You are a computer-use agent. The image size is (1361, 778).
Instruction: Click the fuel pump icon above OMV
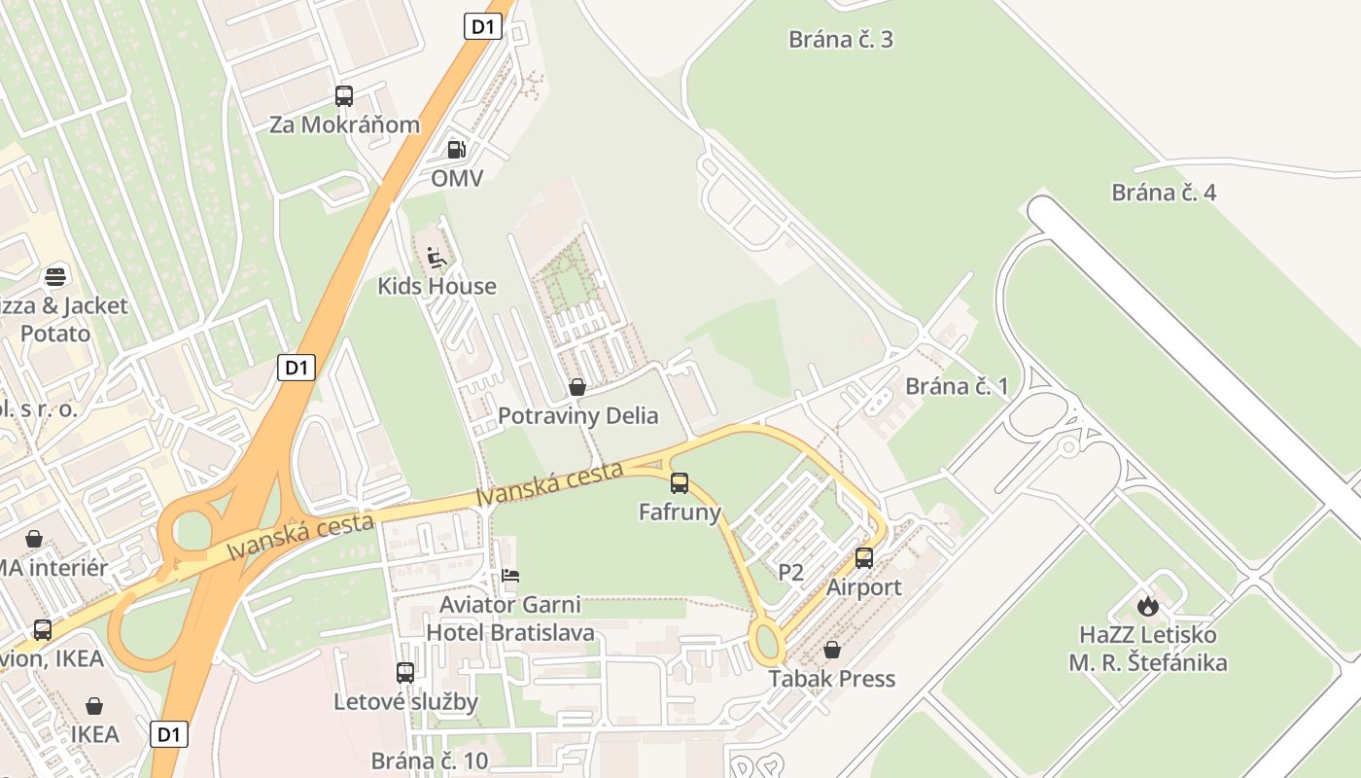pyautogui.click(x=456, y=150)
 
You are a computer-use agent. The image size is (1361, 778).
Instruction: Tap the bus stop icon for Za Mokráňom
pyautogui.click(x=344, y=96)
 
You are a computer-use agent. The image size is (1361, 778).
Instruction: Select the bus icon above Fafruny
pyautogui.click(x=680, y=482)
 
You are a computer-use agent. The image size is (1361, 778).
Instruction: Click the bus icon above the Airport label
pyautogui.click(x=864, y=558)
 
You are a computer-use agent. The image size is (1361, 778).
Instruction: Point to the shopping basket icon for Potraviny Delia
pyautogui.click(x=577, y=387)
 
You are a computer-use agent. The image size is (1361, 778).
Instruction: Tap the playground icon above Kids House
pyautogui.click(x=436, y=258)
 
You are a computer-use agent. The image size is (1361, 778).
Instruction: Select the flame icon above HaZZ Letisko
pyautogui.click(x=1148, y=606)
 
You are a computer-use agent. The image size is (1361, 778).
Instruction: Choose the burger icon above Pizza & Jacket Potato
pyautogui.click(x=56, y=276)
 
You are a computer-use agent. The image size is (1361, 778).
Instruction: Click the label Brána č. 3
pyautogui.click(x=841, y=40)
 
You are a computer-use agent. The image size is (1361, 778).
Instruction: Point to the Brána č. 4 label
pyautogui.click(x=1164, y=193)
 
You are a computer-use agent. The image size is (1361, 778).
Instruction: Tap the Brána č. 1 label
pyautogui.click(x=958, y=386)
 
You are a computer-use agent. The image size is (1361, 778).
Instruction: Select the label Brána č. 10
pyautogui.click(x=430, y=760)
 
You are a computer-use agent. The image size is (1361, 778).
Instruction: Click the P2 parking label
pyautogui.click(x=791, y=572)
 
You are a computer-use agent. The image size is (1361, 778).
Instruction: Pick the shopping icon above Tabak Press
pyautogui.click(x=832, y=650)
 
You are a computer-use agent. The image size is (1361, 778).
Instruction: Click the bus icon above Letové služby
pyautogui.click(x=405, y=672)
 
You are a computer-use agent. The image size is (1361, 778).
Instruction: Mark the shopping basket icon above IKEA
pyautogui.click(x=94, y=705)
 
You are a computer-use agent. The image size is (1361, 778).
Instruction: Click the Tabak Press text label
pyautogui.click(x=832, y=679)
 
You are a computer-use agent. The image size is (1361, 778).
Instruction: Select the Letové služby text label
pyautogui.click(x=406, y=701)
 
